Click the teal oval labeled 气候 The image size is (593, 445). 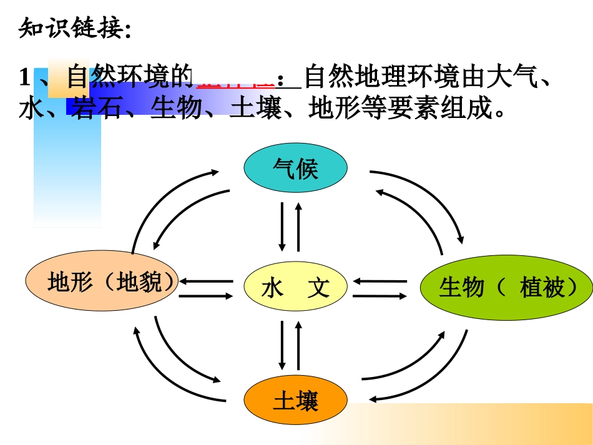pos(295,169)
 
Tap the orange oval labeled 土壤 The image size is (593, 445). pos(295,399)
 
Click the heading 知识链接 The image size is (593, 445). pos(75,28)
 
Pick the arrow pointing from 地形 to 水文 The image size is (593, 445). pos(206,294)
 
